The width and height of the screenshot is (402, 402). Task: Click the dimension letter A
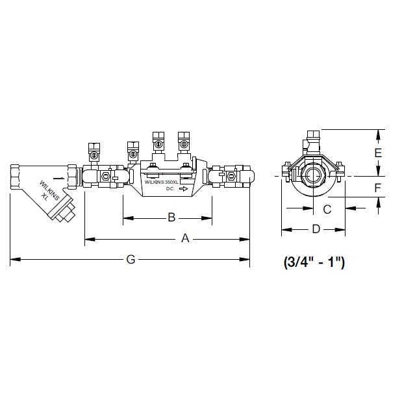tap(184, 239)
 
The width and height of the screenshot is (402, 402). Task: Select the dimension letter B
tap(171, 217)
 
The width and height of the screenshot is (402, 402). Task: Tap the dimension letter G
tap(131, 260)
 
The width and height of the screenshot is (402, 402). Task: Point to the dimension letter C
tap(327, 208)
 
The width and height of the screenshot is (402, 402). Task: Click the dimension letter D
tap(316, 229)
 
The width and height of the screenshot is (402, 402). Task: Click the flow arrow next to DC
tap(184, 190)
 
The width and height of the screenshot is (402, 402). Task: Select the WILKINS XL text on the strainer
tap(49, 190)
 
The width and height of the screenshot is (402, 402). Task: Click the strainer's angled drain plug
tap(64, 213)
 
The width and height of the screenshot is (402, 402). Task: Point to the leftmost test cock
tap(94, 152)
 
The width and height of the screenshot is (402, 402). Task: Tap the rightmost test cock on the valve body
tap(184, 142)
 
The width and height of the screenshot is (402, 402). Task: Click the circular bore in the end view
tap(314, 176)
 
